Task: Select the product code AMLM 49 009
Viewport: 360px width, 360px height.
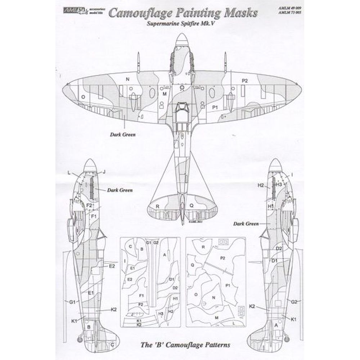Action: [291, 7]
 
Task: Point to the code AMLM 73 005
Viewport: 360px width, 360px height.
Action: [291, 13]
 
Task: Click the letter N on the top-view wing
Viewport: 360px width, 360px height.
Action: [127, 78]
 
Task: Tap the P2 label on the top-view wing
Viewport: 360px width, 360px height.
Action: [244, 81]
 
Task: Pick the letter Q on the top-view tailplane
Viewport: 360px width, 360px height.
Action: [192, 206]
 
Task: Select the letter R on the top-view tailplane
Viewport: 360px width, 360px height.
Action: [157, 206]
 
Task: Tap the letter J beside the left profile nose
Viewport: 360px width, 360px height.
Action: [104, 172]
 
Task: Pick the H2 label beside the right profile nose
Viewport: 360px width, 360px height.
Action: [261, 185]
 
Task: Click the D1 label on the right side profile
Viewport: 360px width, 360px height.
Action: [274, 260]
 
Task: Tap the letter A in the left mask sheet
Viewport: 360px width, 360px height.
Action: [165, 255]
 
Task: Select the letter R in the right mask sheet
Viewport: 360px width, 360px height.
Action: [204, 247]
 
